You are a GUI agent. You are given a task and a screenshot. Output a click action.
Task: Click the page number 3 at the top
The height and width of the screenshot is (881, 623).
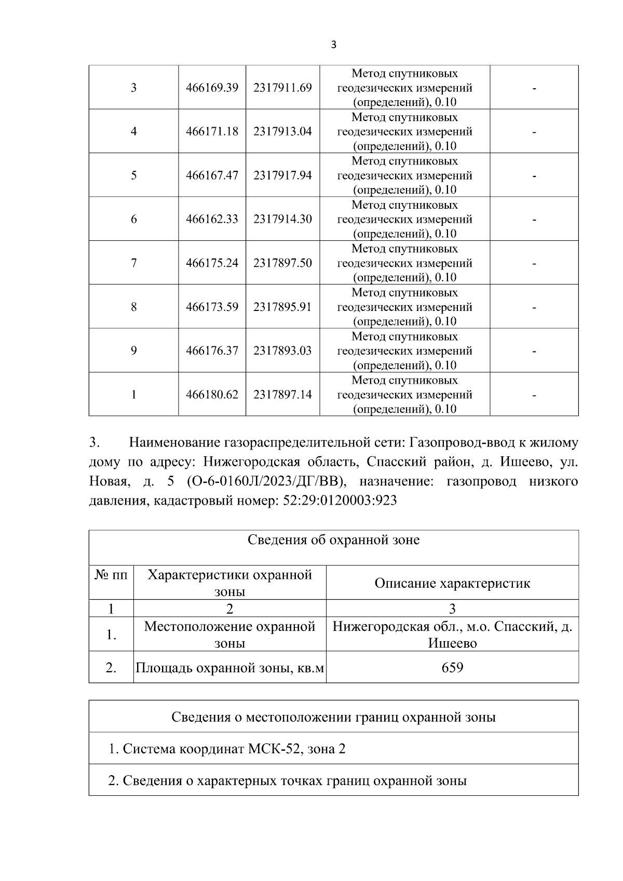[333, 45]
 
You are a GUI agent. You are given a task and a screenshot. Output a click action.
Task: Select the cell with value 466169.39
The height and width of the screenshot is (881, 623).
[212, 88]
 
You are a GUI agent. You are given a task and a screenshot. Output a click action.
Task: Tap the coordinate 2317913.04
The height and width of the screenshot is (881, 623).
[282, 131]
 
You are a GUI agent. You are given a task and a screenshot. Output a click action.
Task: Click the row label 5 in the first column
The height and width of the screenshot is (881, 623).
[133, 175]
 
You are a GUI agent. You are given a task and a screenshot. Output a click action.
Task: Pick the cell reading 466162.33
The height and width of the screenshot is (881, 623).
[212, 219]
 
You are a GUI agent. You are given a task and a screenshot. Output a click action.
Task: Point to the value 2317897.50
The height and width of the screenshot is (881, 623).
[282, 263]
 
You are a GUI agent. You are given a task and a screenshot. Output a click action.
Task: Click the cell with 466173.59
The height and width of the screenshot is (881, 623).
[212, 307]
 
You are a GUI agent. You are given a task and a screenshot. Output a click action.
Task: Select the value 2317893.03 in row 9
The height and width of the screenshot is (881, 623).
[282, 351]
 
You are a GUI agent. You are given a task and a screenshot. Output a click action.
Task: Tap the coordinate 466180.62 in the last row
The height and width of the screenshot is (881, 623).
[212, 395]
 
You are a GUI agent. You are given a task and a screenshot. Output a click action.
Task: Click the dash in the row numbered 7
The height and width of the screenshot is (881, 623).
[534, 263]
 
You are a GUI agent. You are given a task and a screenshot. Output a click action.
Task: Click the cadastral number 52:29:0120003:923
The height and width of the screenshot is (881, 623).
[339, 500]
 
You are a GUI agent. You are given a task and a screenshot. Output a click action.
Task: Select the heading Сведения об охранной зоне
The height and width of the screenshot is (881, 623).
[333, 540]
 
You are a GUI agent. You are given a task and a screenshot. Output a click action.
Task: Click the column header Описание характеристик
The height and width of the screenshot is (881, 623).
[452, 583]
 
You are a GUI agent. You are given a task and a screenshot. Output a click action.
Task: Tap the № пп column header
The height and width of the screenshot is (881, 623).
[111, 575]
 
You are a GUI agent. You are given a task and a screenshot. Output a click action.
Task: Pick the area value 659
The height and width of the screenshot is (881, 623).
[452, 667]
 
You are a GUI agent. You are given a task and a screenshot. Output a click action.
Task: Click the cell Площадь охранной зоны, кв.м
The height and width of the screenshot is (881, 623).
[229, 668]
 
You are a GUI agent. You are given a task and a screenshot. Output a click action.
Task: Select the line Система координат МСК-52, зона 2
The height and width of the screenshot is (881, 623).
[227, 749]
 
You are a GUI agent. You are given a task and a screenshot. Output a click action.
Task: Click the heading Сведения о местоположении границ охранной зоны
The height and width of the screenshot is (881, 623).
[333, 717]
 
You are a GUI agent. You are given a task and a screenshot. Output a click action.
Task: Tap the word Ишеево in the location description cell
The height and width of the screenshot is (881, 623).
[452, 643]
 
